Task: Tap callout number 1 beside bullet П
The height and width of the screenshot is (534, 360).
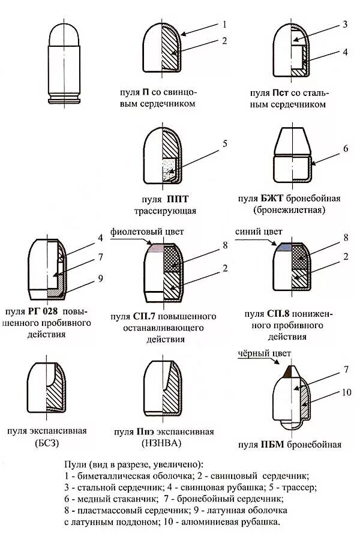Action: click(x=224, y=25)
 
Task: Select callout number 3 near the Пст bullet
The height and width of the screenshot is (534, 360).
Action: click(x=345, y=25)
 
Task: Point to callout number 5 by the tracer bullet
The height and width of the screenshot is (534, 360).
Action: click(x=224, y=143)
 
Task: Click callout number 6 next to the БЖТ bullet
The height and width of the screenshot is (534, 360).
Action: click(x=345, y=149)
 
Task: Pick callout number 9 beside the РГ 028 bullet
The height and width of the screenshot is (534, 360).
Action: click(x=100, y=278)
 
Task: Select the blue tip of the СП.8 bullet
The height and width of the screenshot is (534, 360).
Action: click(x=283, y=247)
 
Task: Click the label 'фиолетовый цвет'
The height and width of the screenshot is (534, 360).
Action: click(x=147, y=232)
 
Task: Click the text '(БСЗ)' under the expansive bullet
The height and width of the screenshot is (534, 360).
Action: click(x=47, y=444)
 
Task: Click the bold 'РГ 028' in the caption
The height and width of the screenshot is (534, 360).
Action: click(x=43, y=311)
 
